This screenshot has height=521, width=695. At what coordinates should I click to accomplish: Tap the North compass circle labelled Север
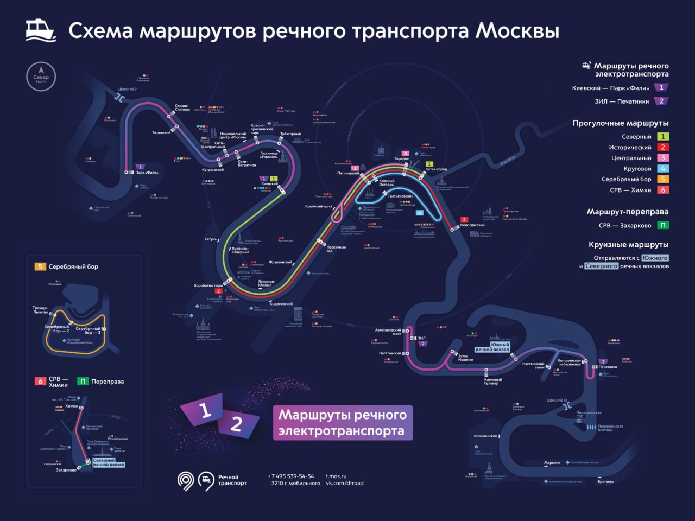[41, 77]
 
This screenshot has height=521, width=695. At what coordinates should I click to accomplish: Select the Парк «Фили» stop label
[147, 173]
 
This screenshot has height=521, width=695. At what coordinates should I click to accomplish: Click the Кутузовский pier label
[212, 170]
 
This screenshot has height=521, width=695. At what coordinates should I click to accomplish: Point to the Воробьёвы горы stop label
[208, 285]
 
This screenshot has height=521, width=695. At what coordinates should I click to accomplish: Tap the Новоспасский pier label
[472, 225]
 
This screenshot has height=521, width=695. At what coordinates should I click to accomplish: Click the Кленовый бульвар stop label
[492, 382]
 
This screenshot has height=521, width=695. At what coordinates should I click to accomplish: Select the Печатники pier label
[608, 367]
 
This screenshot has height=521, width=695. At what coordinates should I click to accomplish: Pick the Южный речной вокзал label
[492, 347]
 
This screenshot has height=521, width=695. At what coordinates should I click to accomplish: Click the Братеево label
[605, 481]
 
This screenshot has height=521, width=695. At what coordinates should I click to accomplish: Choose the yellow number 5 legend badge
[662, 179]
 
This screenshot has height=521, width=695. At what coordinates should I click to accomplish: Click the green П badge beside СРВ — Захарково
[662, 225]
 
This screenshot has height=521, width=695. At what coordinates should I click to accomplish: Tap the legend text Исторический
[630, 147]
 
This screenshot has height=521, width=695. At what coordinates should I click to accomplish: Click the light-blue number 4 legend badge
[662, 169]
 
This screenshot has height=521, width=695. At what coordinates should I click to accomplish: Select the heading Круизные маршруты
[628, 245]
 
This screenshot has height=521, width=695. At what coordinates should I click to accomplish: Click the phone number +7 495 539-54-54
[290, 476]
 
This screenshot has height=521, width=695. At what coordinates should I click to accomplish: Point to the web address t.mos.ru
[336, 476]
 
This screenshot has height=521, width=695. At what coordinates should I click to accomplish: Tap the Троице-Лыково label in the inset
[40, 310]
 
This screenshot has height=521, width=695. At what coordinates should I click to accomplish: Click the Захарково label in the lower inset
[66, 470]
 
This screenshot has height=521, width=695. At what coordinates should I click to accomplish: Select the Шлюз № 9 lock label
[127, 90]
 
